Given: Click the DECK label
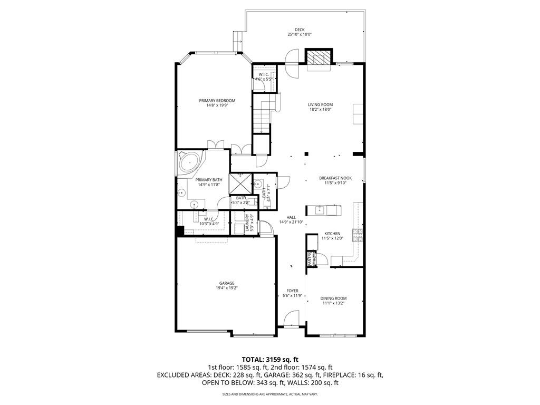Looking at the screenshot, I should click(x=300, y=30).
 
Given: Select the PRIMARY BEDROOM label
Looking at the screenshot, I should click(x=217, y=100).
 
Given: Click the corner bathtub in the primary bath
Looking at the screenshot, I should click(x=189, y=162).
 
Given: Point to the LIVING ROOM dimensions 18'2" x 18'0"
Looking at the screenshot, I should click(x=320, y=110).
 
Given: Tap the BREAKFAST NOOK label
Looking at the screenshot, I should click(x=332, y=178).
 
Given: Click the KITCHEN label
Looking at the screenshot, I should click(x=332, y=233).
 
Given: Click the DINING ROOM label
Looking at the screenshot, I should click(x=334, y=298).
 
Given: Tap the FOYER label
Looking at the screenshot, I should click(x=292, y=291).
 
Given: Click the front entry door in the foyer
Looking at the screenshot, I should click(x=290, y=319).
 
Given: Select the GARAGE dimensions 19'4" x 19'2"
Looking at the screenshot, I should click(x=227, y=288).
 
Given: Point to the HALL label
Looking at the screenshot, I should click(x=291, y=217).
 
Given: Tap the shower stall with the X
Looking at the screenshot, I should click(x=240, y=183).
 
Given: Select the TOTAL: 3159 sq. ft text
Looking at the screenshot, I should click(x=269, y=359).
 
